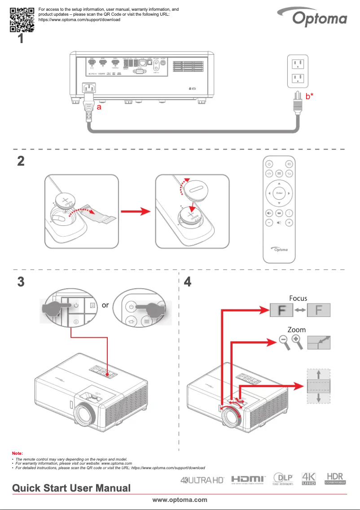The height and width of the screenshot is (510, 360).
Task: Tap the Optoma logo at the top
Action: click(320, 19)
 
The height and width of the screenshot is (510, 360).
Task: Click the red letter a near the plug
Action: click(99, 108)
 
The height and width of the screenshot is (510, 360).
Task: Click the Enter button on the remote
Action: click(279, 193)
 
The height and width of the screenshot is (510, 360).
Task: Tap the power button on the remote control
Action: click(268, 164)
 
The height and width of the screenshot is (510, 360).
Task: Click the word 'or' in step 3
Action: click(105, 305)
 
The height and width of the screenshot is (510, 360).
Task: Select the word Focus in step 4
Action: click(298, 298)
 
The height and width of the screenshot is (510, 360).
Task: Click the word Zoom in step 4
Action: click(297, 330)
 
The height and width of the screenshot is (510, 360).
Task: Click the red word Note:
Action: click(18, 454)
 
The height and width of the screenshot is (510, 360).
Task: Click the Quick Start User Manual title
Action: click(71, 488)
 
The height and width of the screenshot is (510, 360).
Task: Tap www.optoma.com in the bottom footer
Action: click(180, 500)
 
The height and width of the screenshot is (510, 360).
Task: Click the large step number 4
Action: click(188, 282)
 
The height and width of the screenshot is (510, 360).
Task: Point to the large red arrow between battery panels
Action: click(136, 211)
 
